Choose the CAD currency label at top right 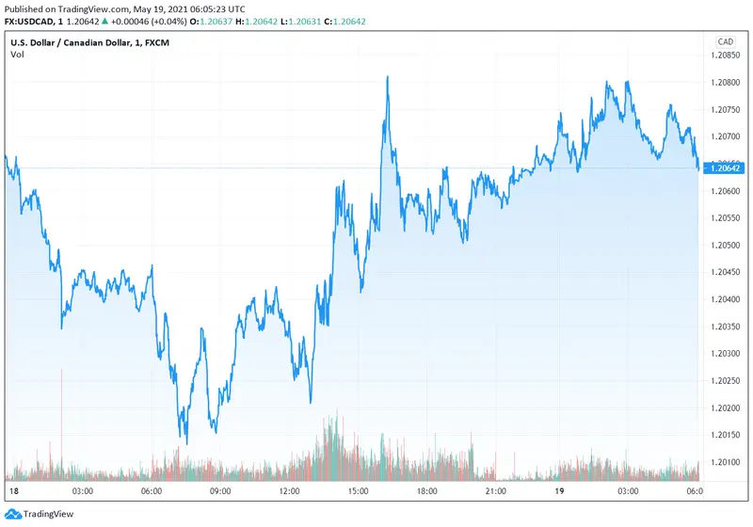pyautogui.click(x=726, y=41)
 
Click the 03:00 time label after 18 pyautogui.click(x=82, y=491)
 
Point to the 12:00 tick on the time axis pyautogui.click(x=289, y=491)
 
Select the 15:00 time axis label pyautogui.click(x=358, y=491)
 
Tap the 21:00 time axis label pyautogui.click(x=495, y=491)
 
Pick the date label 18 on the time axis pyautogui.click(x=13, y=491)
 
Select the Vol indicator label pyautogui.click(x=17, y=55)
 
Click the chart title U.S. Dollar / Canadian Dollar pyautogui.click(x=71, y=41)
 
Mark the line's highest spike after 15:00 pyautogui.click(x=387, y=77)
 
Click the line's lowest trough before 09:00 pyautogui.click(x=185, y=443)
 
